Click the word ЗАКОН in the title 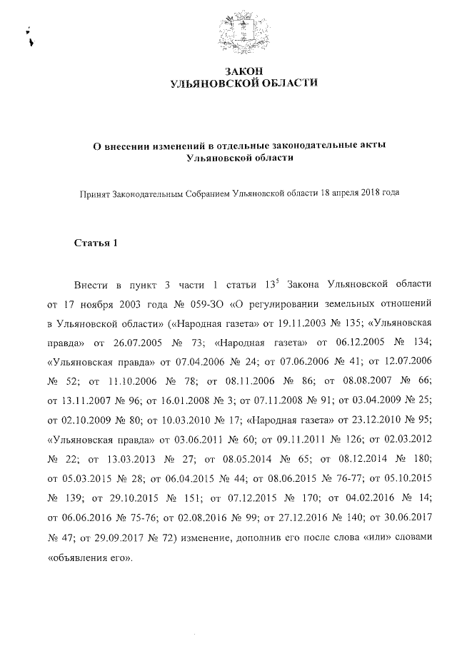244,71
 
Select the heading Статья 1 96,243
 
